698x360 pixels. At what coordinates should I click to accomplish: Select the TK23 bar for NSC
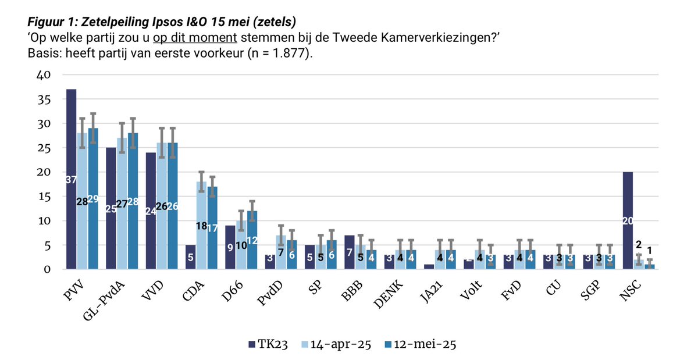(628, 220)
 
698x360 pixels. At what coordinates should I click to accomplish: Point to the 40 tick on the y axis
(45, 75)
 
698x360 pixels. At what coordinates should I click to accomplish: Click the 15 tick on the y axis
(45, 197)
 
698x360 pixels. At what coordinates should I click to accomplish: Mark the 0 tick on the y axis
(49, 270)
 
